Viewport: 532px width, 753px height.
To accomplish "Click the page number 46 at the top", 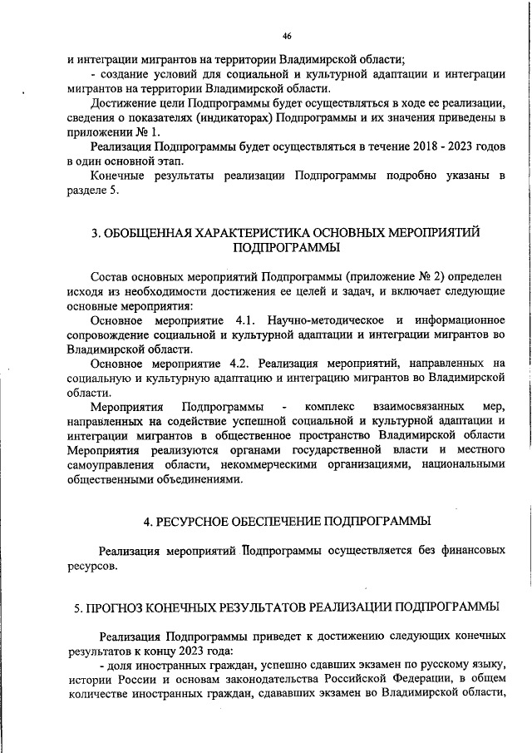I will point(287,37).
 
